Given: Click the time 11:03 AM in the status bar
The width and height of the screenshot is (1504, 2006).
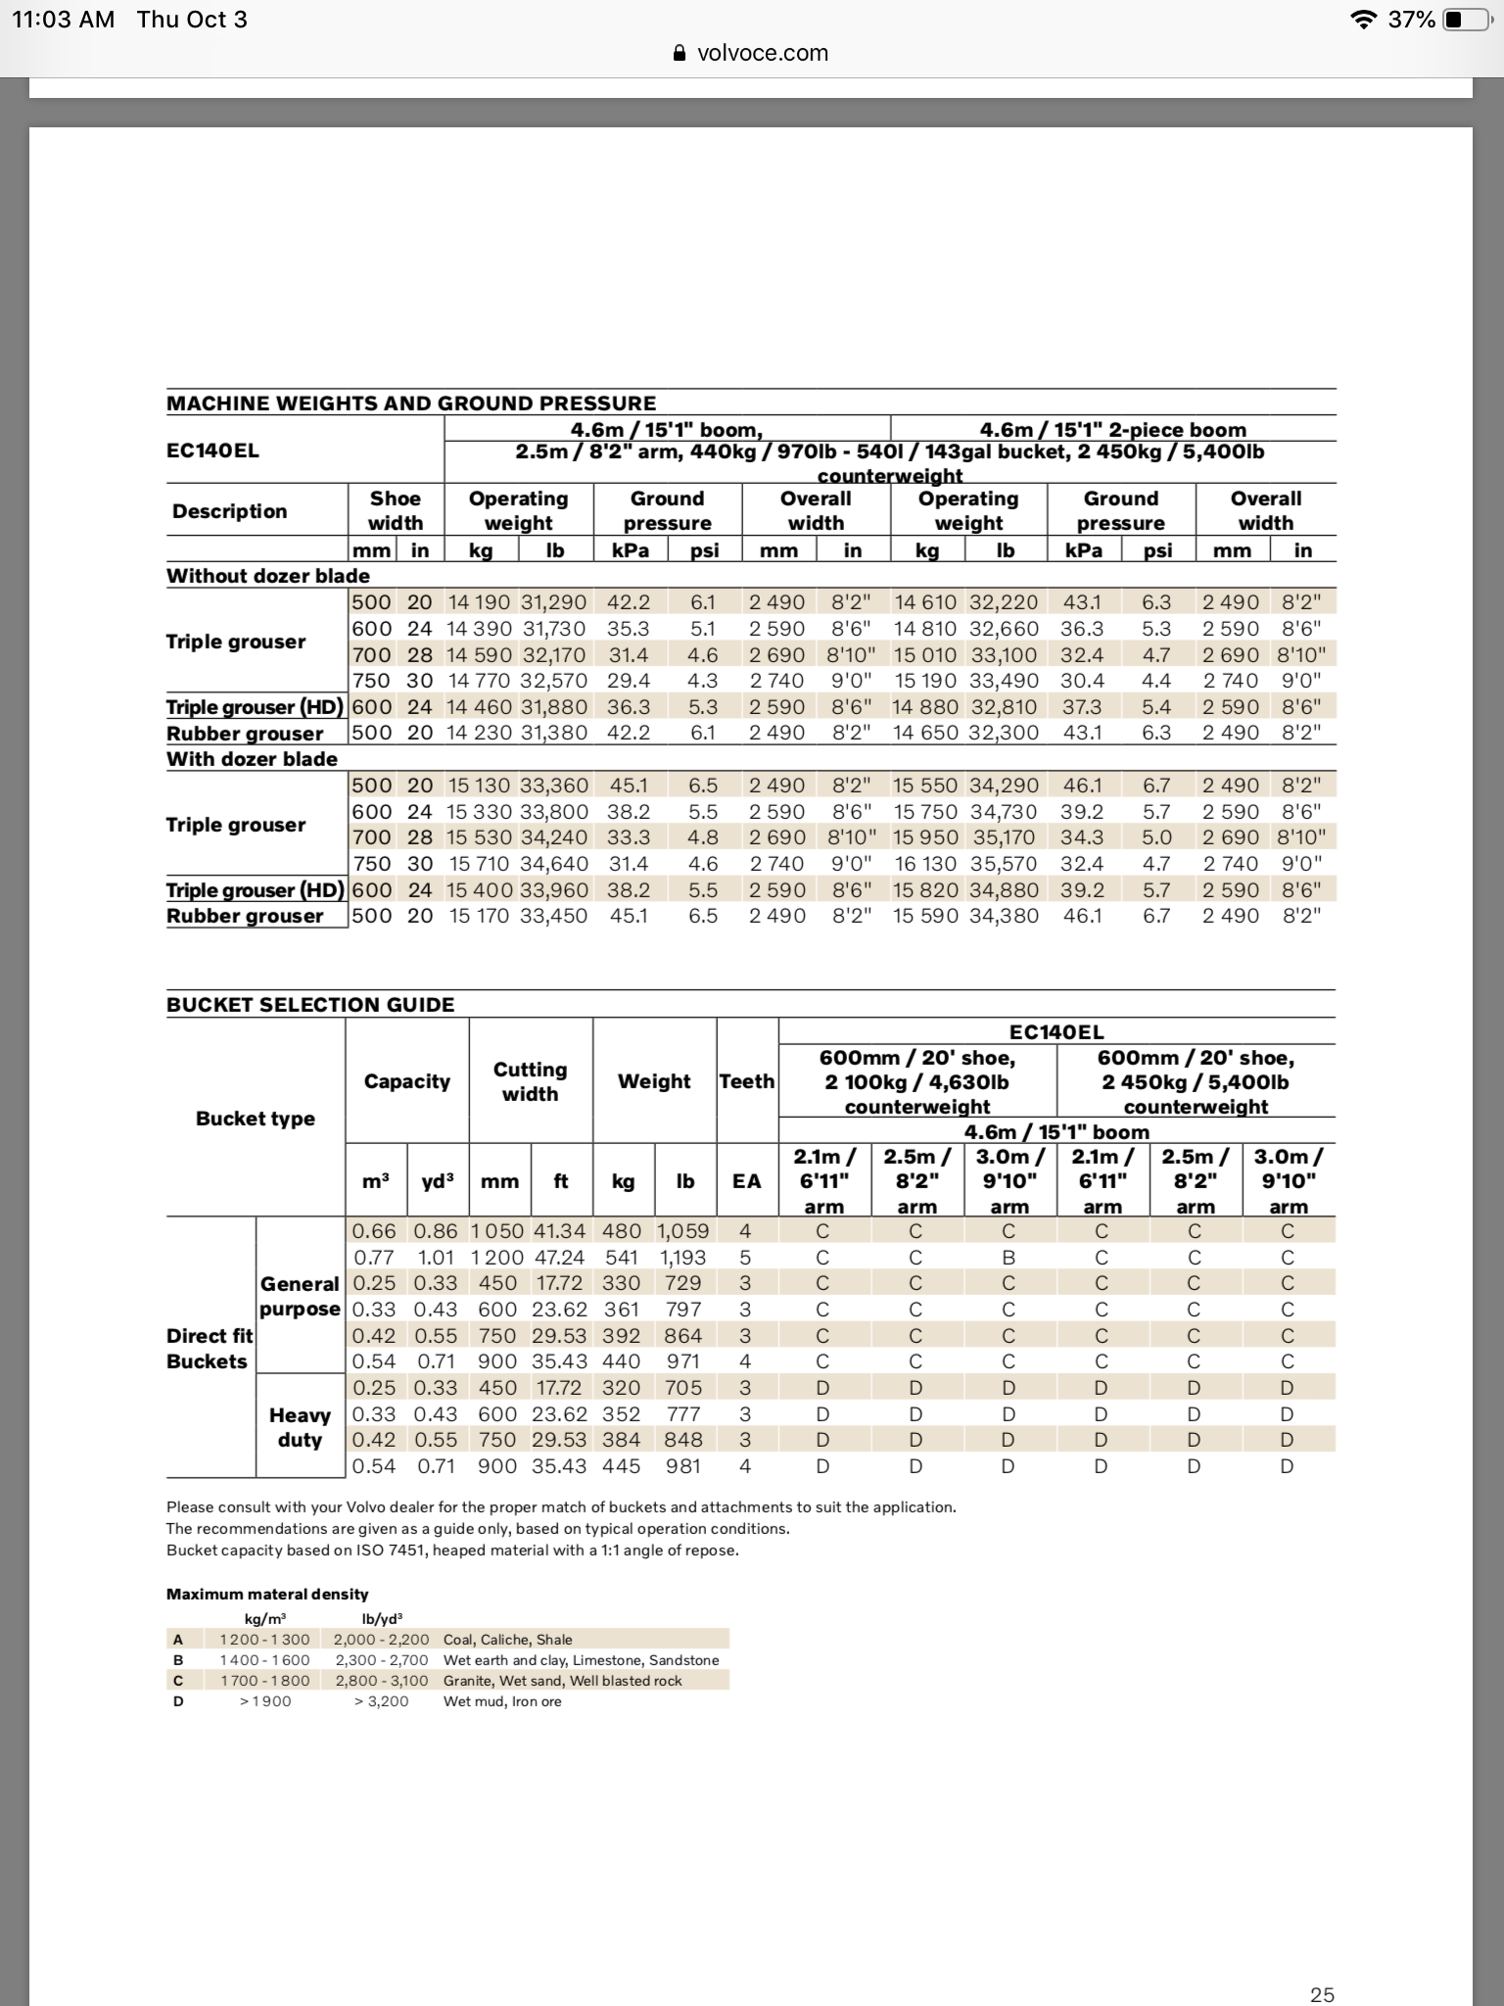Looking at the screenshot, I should [63, 20].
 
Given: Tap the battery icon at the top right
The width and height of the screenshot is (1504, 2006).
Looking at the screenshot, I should [1465, 20].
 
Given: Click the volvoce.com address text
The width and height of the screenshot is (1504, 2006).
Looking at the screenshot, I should [762, 53].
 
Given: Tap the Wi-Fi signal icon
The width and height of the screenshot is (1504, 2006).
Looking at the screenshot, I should [1362, 20].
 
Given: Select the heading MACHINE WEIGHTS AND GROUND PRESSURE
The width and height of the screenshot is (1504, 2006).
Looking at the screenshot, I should [411, 403].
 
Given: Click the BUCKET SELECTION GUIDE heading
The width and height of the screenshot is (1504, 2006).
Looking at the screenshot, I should [310, 1004].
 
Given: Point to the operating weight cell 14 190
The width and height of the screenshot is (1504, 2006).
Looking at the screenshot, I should [480, 602].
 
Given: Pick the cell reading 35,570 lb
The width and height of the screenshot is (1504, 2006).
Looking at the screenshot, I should [1005, 863].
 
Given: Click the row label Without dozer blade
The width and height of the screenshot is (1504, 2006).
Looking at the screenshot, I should [268, 576].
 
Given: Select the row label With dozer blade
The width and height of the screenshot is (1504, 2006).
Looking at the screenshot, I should [252, 759].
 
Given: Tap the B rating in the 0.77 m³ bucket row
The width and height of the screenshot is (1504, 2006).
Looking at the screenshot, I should [1009, 1257].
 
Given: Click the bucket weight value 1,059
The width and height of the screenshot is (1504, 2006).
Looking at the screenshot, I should [683, 1231].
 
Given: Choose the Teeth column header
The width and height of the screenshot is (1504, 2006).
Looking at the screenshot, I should [746, 1081].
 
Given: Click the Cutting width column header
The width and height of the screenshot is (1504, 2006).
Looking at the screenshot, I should [530, 1081].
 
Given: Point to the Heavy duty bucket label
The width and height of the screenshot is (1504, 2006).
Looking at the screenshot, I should [300, 1427].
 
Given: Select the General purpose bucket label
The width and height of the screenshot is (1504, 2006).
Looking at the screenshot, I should [300, 1296].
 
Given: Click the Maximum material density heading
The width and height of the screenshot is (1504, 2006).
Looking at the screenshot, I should [267, 1594].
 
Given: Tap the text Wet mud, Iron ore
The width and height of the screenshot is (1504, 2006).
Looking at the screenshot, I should [502, 1701].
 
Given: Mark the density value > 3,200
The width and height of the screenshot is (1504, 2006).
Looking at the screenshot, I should [381, 1701].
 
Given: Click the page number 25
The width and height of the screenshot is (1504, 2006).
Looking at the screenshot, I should [1322, 1994].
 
